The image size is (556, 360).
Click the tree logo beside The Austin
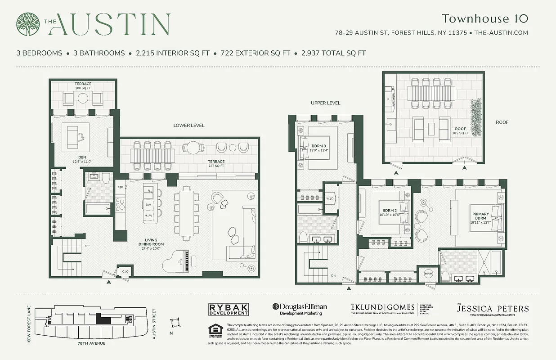28,24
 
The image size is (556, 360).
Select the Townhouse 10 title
484,18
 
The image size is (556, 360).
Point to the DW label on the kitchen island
148,205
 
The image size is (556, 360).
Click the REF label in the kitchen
120,187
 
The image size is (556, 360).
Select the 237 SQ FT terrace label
215,164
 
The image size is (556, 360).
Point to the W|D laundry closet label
330,198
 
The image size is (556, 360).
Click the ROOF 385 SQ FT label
460,131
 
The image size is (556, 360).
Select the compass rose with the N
175,324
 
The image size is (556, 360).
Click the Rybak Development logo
229,309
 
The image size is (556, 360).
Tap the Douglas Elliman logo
300,309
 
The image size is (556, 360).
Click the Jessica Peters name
492,309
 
